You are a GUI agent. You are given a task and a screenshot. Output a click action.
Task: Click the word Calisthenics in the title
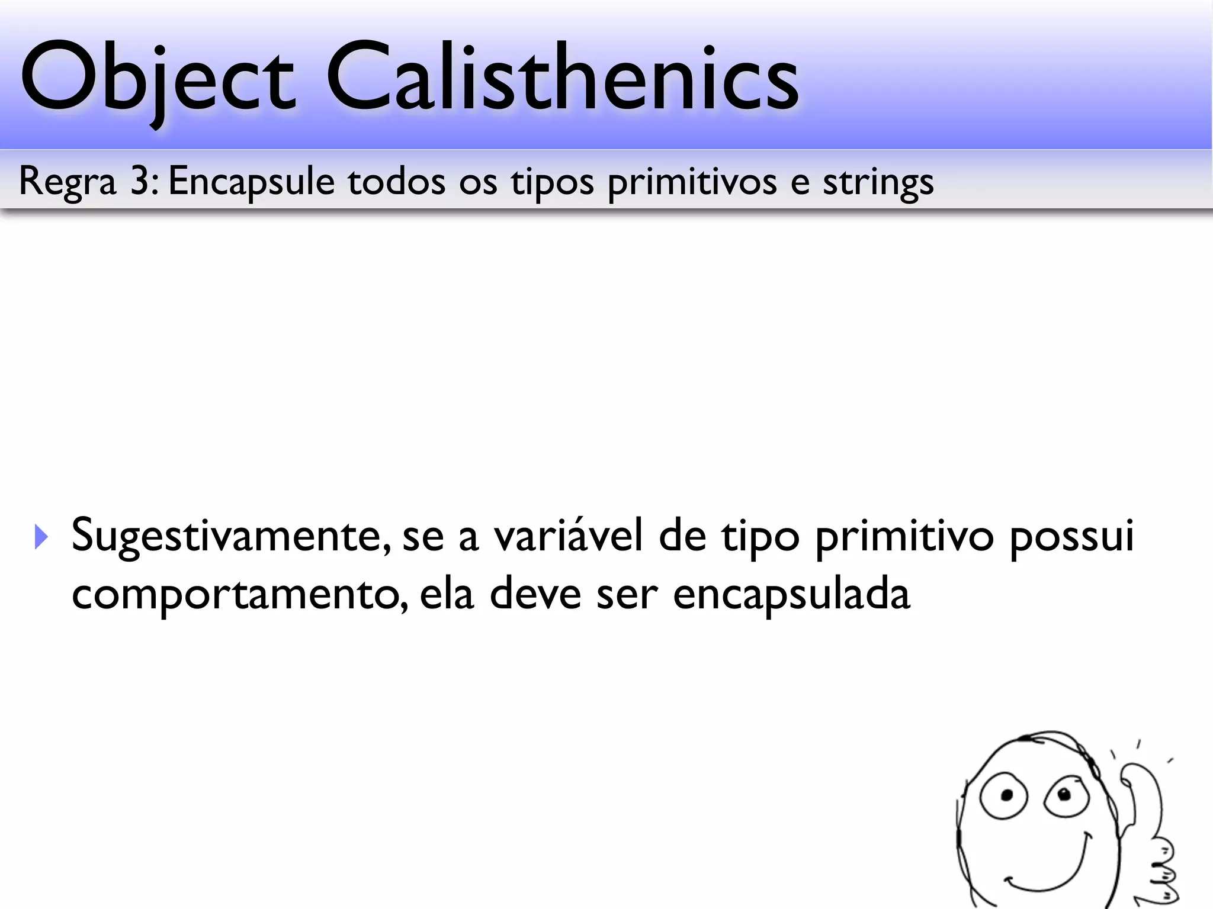point(562,77)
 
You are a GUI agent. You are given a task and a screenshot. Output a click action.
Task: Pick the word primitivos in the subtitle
point(692,182)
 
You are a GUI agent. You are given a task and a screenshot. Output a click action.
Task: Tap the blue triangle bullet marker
point(41,536)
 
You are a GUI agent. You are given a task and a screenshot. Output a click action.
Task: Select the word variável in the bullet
point(569,535)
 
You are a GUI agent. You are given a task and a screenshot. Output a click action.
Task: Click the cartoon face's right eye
point(1063,796)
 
